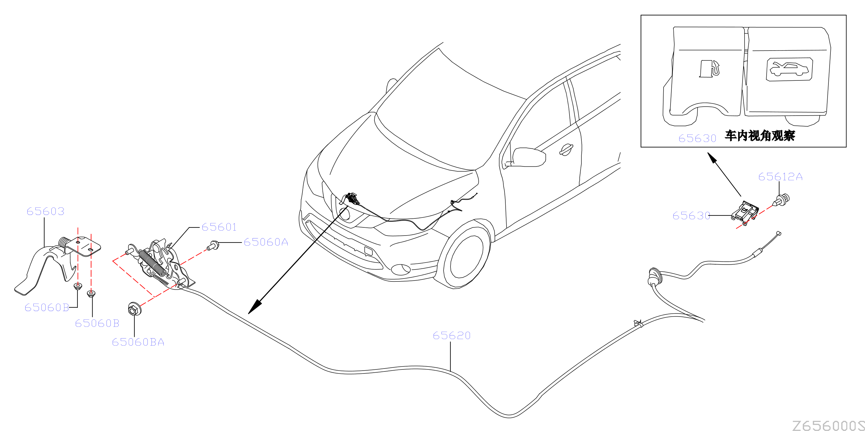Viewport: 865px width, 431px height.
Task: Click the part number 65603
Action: (x=45, y=211)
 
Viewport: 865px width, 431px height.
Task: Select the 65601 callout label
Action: (x=219, y=227)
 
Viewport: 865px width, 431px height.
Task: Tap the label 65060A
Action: (x=266, y=242)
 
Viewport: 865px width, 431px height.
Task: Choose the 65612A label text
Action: (x=780, y=177)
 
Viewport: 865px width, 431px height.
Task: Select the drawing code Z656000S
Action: (x=828, y=425)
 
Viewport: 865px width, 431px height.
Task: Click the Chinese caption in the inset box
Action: (x=760, y=135)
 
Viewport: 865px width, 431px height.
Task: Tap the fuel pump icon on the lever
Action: (x=709, y=69)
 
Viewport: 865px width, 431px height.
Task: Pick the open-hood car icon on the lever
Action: (x=789, y=69)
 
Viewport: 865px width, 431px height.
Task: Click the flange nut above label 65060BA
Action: (x=135, y=308)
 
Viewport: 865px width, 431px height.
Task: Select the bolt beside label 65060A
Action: (x=213, y=245)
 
